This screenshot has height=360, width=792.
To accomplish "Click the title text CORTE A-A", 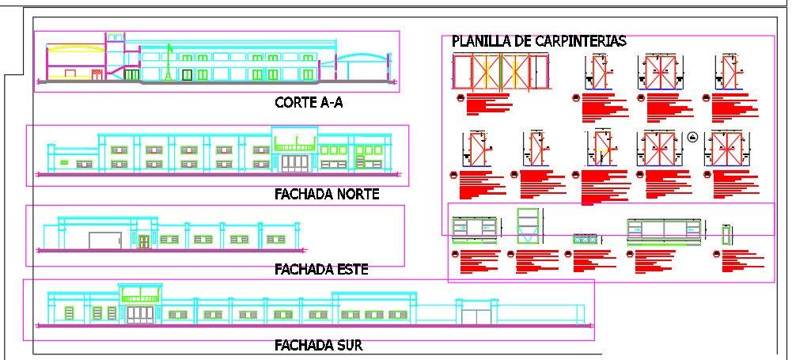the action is point(309,102).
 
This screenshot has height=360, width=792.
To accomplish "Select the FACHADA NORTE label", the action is point(327,194).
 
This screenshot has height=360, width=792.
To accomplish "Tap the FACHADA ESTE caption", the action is point(321,269).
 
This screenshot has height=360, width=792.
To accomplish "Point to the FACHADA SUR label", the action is point(318,345).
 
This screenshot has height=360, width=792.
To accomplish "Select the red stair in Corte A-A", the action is point(113,74).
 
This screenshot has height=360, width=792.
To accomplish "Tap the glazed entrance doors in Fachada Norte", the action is point(296,161).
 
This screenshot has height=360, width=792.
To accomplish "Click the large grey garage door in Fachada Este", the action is point(104,240).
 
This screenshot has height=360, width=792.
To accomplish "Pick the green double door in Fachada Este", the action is point(144,241).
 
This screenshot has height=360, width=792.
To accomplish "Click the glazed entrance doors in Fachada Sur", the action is point(141,314).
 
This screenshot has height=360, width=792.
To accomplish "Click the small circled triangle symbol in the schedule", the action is point(692,136).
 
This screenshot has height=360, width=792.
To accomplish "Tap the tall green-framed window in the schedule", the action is point(528,225).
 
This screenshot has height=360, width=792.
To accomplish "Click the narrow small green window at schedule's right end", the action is point(727,234).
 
